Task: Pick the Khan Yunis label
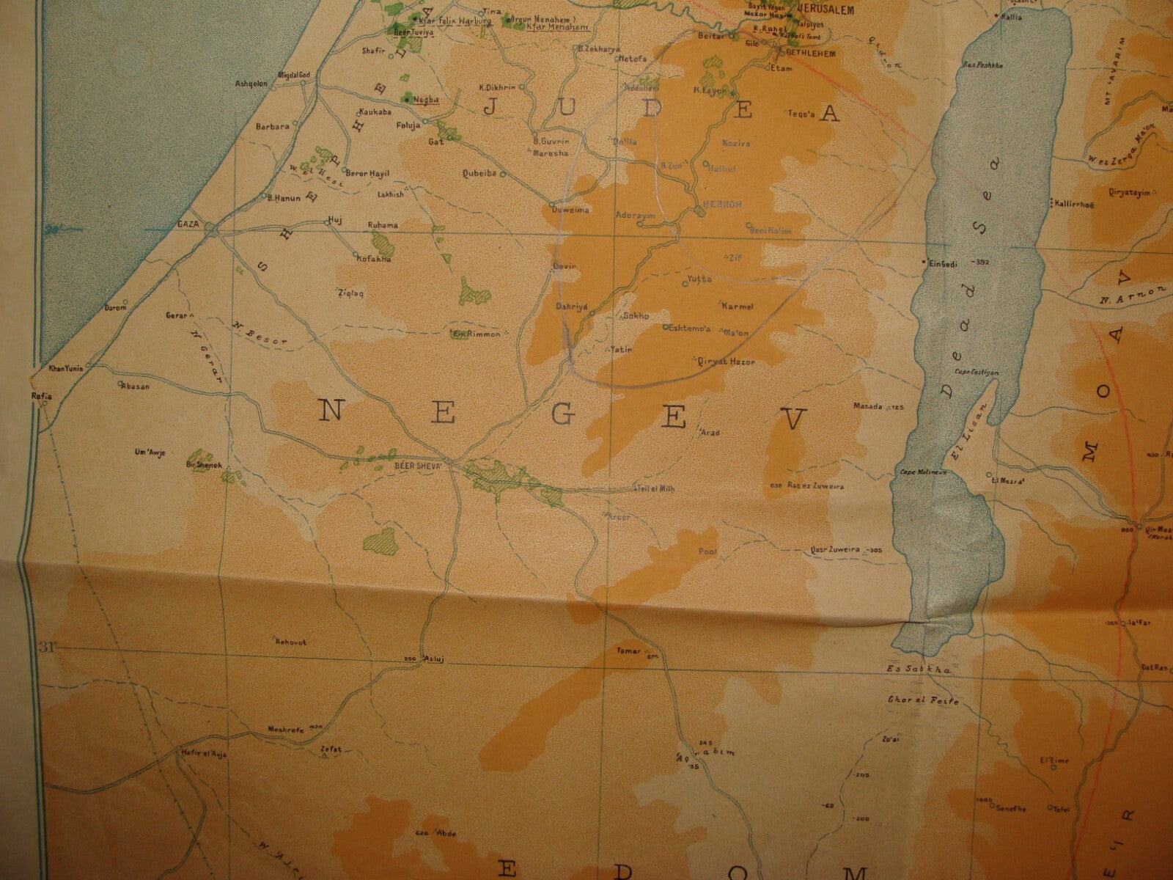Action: click(x=64, y=368)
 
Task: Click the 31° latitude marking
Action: click(x=48, y=647)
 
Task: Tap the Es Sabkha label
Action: click(x=908, y=670)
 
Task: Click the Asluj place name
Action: click(x=433, y=660)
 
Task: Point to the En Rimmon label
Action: click(x=477, y=334)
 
